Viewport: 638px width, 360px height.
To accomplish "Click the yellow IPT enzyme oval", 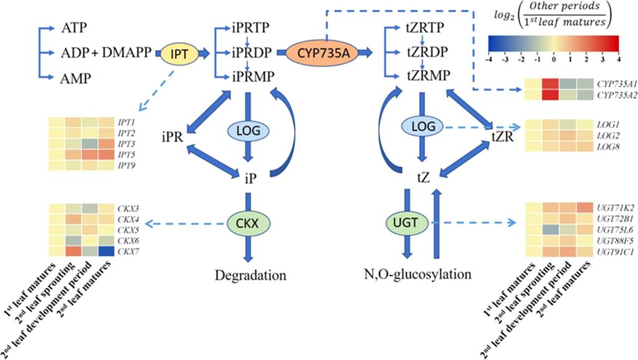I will [179, 54].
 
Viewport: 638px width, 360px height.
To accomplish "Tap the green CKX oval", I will [248, 222].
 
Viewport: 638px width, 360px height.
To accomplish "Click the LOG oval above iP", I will [249, 131].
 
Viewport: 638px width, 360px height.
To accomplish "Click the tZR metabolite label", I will [502, 136].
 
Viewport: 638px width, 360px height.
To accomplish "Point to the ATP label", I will [75, 28].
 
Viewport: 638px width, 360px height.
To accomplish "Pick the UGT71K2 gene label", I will [613, 207].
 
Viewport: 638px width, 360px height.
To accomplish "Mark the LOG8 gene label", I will [609, 146].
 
